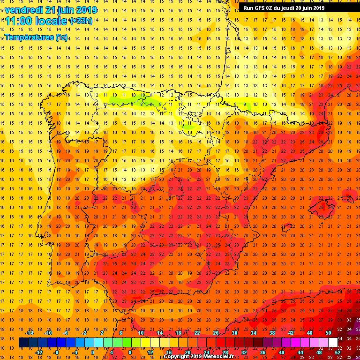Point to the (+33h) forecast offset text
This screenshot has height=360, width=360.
point(81,21)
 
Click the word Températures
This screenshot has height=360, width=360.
point(29,37)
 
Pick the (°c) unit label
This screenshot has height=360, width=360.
point(61,37)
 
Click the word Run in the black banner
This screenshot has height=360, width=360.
point(249,7)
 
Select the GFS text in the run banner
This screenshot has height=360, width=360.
point(261,7)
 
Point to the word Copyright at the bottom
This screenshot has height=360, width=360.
point(179,357)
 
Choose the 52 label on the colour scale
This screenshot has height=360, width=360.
point(337,352)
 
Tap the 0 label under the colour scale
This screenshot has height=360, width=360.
point(92,352)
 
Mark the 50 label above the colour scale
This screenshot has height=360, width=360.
point(328,333)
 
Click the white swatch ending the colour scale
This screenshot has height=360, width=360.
point(333,343)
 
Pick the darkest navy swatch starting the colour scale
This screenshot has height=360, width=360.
point(23,343)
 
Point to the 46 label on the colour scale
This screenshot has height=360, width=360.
point(309,333)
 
